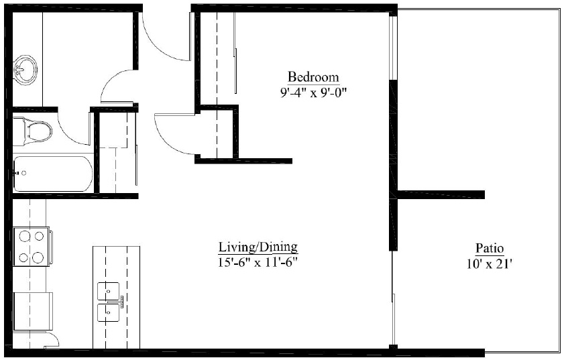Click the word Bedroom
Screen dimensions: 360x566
pyautogui.click(x=313, y=76)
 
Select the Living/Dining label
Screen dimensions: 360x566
pyautogui.click(x=258, y=247)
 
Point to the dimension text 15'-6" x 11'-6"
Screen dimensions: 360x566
pyautogui.click(x=258, y=261)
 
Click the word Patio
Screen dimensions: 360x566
pyautogui.click(x=490, y=247)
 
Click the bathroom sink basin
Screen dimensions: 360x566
pyautogui.click(x=27, y=68)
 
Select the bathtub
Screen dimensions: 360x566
pyautogui.click(x=52, y=173)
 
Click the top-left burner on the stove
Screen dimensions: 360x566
pyautogui.click(x=25, y=236)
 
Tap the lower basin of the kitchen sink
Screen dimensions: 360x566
pyautogui.click(x=109, y=312)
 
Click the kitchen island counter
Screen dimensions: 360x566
pyautogui.click(x=117, y=268)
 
